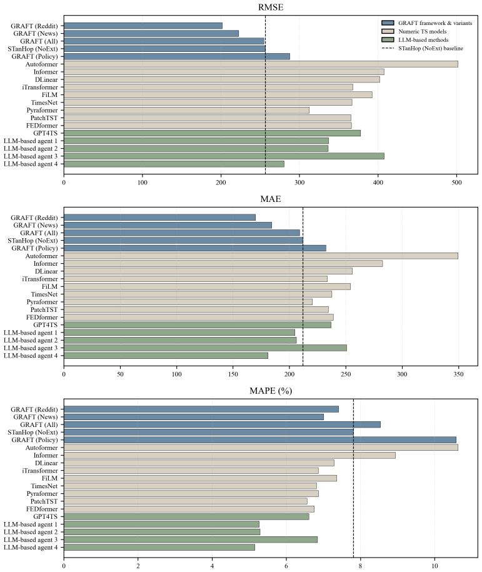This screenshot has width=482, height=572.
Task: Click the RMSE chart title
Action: click(x=270, y=8)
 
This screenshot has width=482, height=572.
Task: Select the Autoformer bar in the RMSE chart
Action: click(x=261, y=64)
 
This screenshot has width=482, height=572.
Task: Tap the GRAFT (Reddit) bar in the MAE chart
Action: click(x=160, y=218)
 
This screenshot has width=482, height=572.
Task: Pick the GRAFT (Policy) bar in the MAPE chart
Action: click(x=260, y=440)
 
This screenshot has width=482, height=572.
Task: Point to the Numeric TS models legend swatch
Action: click(x=388, y=31)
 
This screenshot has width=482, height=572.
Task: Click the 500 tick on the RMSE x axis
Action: click(x=456, y=183)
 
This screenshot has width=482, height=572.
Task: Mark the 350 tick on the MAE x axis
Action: click(x=458, y=374)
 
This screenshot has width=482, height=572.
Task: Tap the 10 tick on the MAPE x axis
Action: click(x=434, y=566)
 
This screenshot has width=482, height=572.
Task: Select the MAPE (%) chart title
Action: click(x=270, y=391)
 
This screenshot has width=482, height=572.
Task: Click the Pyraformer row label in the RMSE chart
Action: click(x=42, y=110)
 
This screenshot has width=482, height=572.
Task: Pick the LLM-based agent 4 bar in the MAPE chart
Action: click(x=159, y=547)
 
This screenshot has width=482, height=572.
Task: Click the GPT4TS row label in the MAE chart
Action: click(x=45, y=324)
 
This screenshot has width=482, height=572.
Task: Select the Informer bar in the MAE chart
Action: click(x=223, y=263)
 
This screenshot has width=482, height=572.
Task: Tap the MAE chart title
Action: click(x=270, y=199)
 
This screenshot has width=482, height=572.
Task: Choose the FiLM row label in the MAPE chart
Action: click(x=49, y=478)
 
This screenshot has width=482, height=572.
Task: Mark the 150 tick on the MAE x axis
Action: click(x=233, y=374)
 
